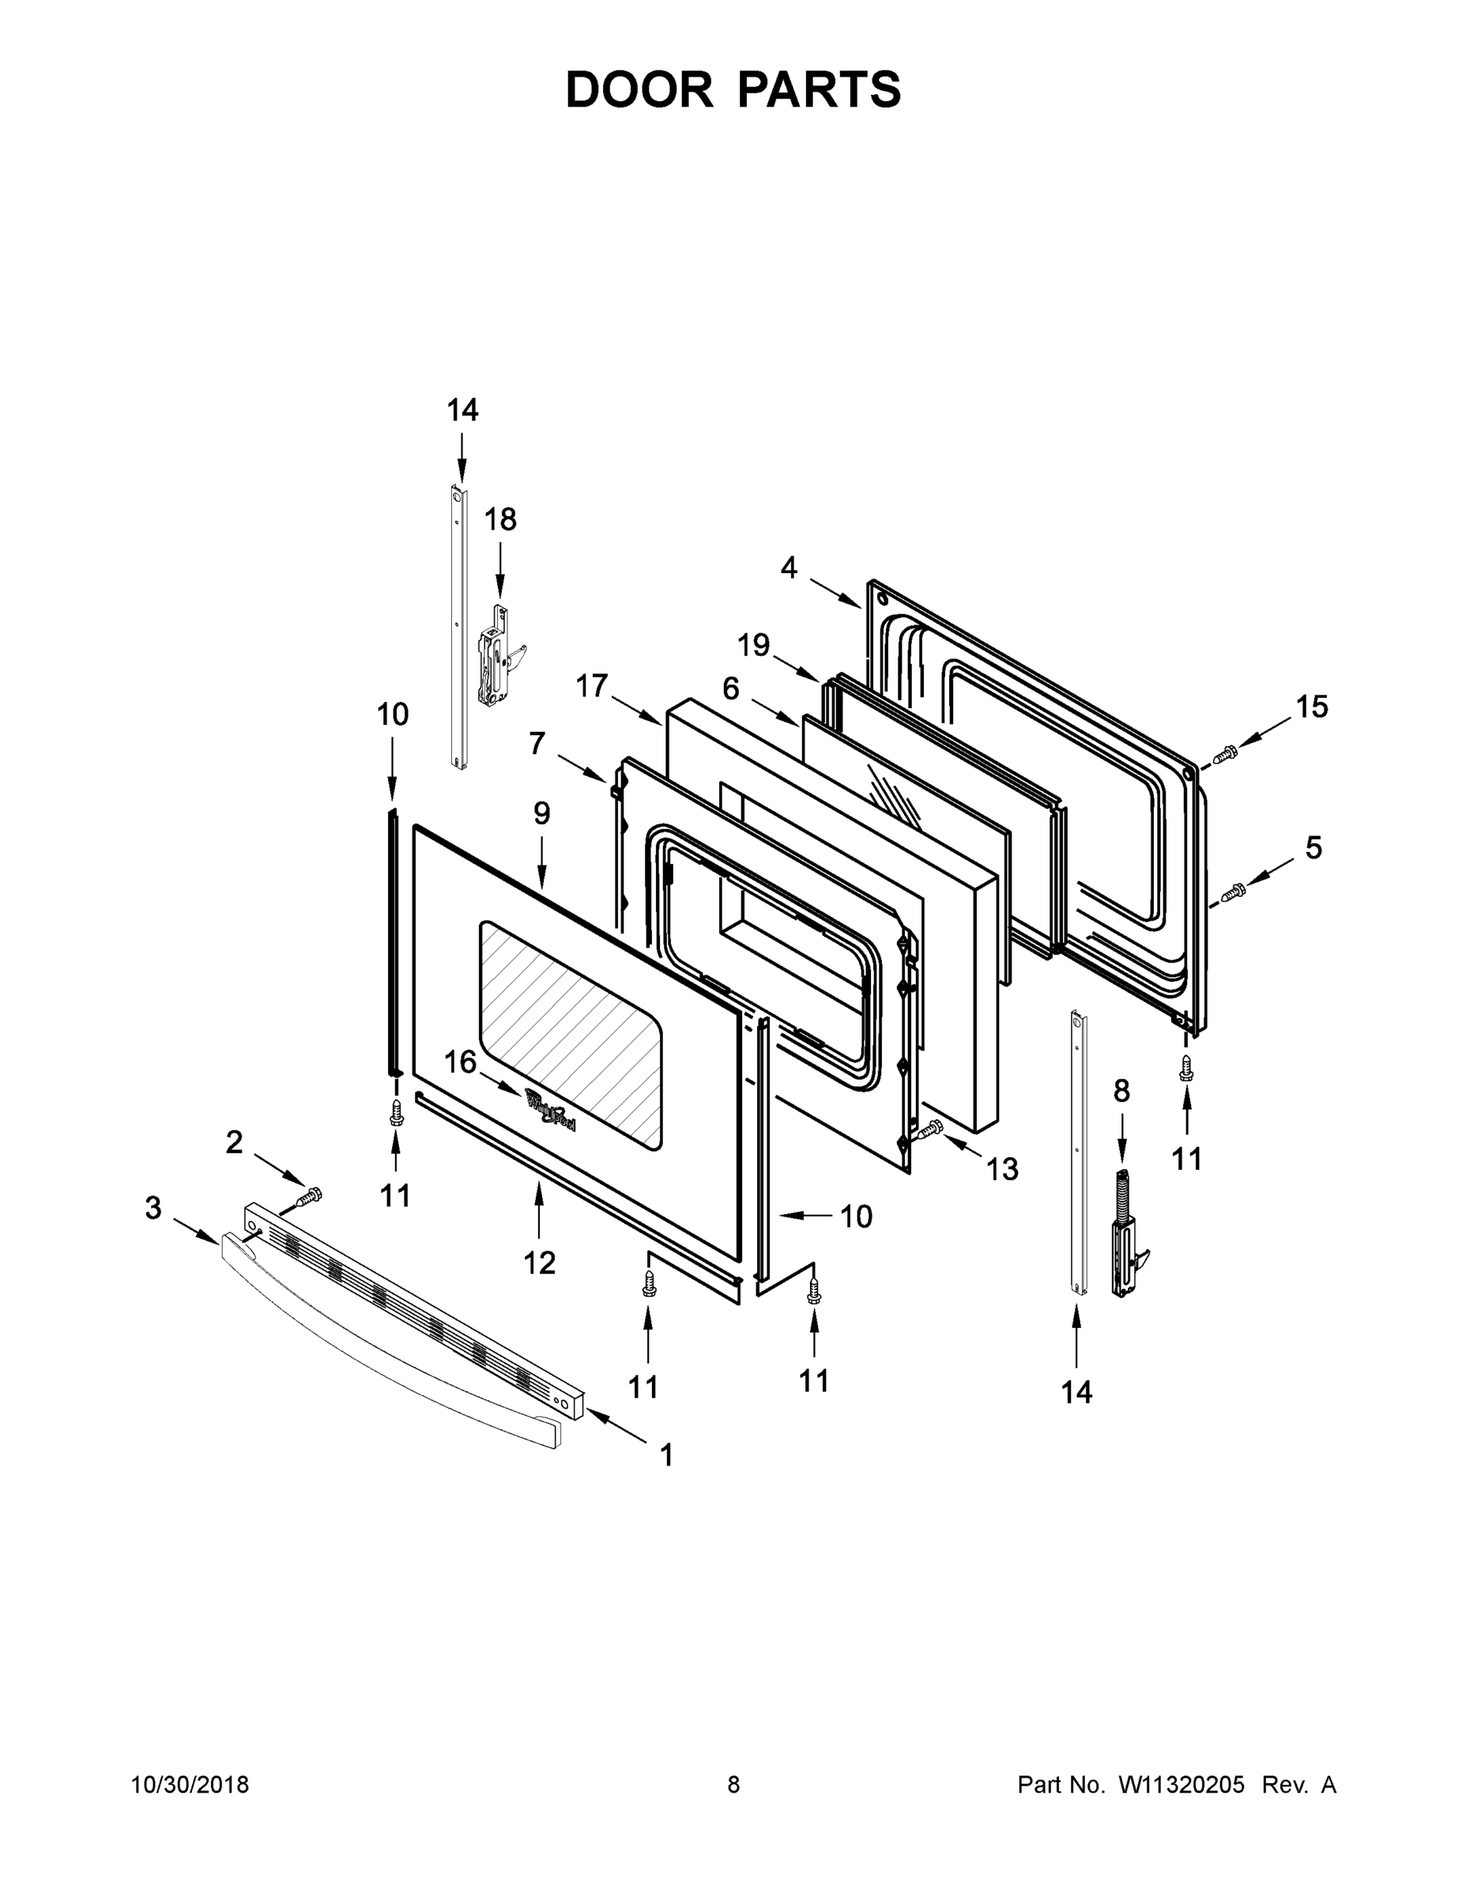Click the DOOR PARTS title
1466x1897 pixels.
click(733, 90)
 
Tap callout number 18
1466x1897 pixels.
click(500, 519)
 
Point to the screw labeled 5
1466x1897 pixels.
click(1232, 891)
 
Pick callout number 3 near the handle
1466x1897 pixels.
click(153, 1207)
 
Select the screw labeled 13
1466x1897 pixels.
click(929, 1130)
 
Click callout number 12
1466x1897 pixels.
click(538, 1263)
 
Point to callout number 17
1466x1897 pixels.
click(591, 685)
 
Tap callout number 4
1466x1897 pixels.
click(788, 568)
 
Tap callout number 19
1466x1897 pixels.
click(753, 644)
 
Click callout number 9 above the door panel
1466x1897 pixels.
click(541, 813)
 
